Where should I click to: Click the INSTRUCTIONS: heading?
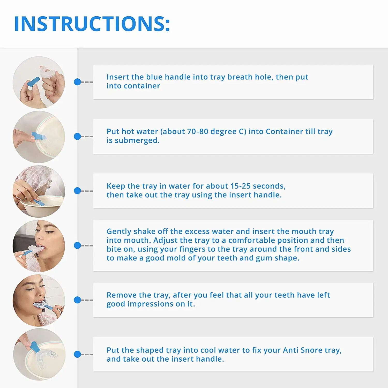click(x=92, y=24)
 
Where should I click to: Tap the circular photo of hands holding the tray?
click(x=39, y=82)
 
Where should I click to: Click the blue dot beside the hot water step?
click(x=77, y=136)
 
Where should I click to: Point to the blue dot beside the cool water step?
click(x=77, y=354)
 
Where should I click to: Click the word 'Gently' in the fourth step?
click(x=119, y=232)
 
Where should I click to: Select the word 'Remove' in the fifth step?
click(x=122, y=295)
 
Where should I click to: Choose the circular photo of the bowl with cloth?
click(x=39, y=191)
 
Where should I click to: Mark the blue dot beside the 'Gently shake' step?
click(x=77, y=245)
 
